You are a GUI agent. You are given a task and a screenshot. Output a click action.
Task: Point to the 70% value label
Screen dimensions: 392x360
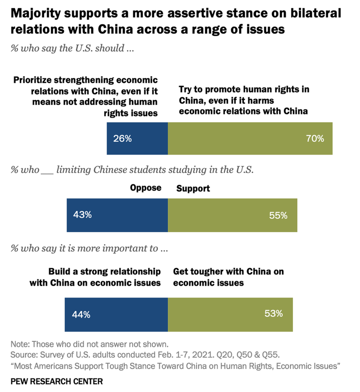[x=315, y=138]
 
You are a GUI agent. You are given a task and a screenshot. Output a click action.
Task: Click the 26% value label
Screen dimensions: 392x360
[x=122, y=138]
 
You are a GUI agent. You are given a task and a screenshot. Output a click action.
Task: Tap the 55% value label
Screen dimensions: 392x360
[x=278, y=215]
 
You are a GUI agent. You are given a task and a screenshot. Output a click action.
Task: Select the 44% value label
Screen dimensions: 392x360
[x=81, y=315]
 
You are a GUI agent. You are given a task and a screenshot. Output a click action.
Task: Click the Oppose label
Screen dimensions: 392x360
[x=146, y=188]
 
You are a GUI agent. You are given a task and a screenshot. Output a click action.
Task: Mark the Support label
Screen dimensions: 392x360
[x=193, y=188]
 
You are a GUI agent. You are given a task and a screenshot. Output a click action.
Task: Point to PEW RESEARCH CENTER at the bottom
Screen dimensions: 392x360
[x=57, y=381]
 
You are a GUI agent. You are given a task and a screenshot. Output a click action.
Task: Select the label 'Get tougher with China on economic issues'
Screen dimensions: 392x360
[x=228, y=277]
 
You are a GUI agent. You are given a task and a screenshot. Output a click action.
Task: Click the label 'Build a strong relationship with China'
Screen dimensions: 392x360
[x=95, y=277]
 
